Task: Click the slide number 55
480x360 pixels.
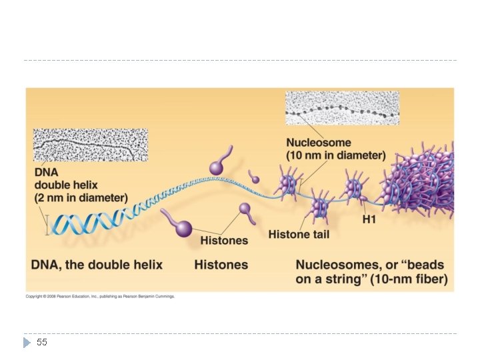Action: (x=42, y=342)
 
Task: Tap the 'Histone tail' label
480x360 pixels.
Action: (x=299, y=234)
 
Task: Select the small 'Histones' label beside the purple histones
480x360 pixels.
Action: (x=224, y=240)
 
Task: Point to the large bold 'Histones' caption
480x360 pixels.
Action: (x=221, y=265)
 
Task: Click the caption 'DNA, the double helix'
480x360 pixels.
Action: (x=97, y=265)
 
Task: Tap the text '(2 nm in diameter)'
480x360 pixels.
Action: (x=81, y=197)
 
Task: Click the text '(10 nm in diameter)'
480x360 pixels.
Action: (x=336, y=155)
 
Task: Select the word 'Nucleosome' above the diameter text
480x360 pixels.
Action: (x=319, y=143)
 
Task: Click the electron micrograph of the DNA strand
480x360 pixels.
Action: (x=90, y=145)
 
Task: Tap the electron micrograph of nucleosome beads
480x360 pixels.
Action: (x=342, y=108)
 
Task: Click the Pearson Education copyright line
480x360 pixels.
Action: (x=100, y=296)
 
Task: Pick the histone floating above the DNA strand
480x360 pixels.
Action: (x=218, y=165)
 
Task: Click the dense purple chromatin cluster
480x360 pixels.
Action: (x=423, y=183)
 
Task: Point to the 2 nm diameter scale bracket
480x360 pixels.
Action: (x=47, y=224)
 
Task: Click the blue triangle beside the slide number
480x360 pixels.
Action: (x=27, y=342)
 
